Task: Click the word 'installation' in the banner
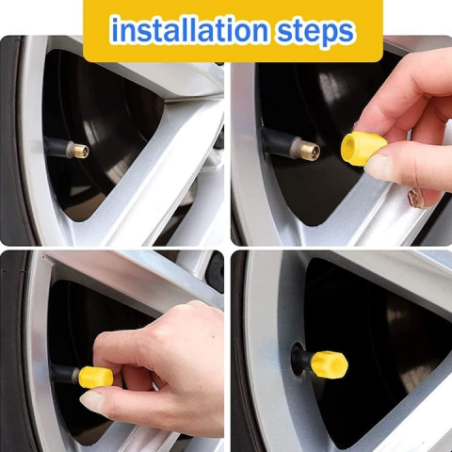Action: click(x=189, y=30)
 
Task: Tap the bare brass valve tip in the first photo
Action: click(x=78, y=150)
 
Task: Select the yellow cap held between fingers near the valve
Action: click(x=363, y=147)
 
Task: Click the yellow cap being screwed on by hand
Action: click(x=96, y=377)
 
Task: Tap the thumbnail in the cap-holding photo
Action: click(x=379, y=168)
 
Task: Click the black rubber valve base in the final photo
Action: click(x=300, y=359)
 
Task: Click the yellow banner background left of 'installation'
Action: click(x=97, y=31)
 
